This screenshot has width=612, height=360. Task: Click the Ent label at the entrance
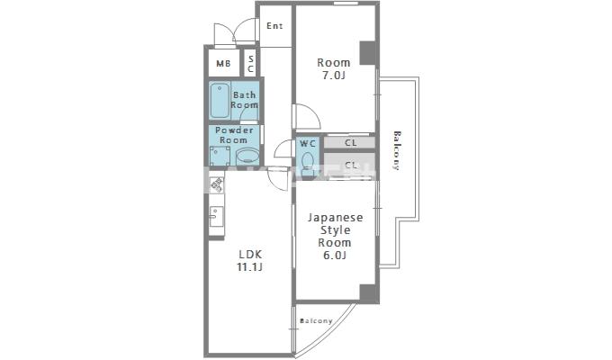point(274,26)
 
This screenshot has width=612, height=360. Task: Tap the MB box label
point(222,64)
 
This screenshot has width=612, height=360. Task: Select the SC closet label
point(251,64)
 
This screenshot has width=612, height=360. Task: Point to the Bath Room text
point(245,100)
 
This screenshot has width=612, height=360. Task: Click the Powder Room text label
point(233,135)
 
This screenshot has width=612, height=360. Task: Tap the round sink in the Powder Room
point(247,156)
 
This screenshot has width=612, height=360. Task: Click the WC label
point(307,144)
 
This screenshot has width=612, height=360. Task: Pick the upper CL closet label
point(350,142)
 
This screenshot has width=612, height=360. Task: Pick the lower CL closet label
point(350,165)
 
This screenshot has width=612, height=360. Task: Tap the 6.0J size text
point(335,256)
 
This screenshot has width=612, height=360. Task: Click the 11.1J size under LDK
point(249,267)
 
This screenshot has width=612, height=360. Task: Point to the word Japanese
point(335,218)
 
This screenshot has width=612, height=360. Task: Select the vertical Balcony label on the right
point(396,150)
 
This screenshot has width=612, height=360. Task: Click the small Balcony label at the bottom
point(316,321)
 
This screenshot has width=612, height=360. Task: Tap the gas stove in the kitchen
point(217,187)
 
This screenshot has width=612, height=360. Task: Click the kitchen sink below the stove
point(216,217)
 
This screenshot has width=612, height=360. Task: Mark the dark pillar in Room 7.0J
point(367,52)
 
